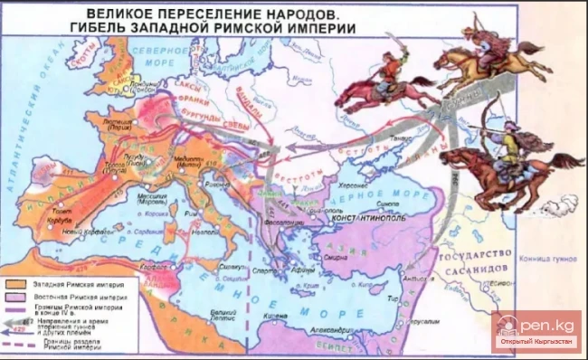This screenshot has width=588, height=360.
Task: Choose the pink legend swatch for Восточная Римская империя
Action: (17, 297)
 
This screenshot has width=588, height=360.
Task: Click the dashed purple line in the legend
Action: (17, 346)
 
